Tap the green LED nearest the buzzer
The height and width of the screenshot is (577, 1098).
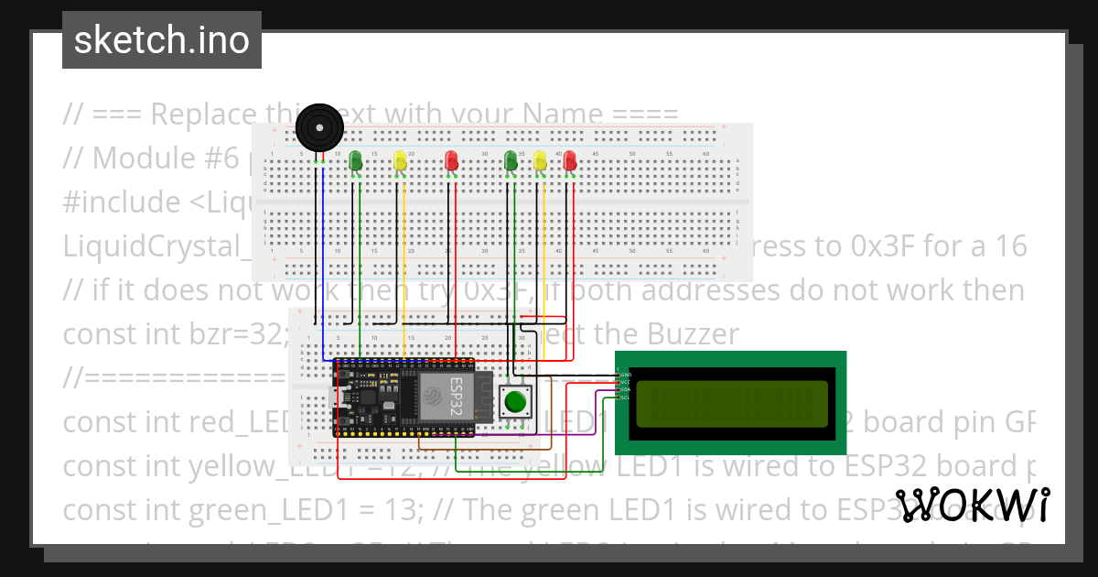pos(356,161)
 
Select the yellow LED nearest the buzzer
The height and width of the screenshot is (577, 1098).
pos(400,161)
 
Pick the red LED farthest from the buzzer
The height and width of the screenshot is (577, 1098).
pos(570,161)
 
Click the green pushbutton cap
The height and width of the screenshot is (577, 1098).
pos(517,402)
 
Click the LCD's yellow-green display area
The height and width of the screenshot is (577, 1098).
pos(731,403)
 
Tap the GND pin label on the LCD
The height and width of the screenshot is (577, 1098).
pos(626,375)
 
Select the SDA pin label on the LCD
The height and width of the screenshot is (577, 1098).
pos(626,390)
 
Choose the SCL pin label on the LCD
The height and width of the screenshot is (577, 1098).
pos(626,397)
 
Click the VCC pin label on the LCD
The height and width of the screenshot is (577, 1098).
pos(626,383)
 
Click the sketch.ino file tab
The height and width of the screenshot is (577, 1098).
pos(162,40)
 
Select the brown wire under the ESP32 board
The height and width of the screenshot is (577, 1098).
pos(485,450)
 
